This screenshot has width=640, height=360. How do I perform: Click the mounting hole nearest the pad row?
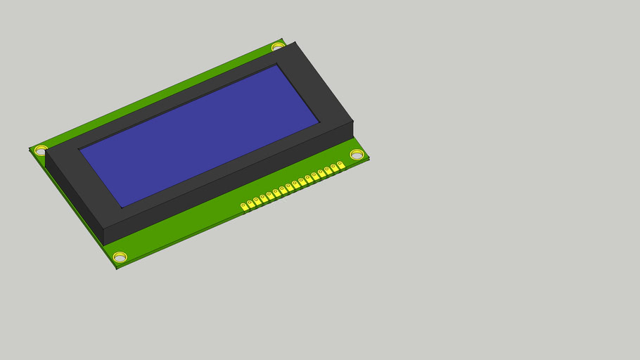(357, 154)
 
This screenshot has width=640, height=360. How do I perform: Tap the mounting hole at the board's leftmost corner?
(41, 150)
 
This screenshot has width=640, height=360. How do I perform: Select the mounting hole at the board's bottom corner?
(120, 257)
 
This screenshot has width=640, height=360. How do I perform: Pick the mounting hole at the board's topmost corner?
(279, 47)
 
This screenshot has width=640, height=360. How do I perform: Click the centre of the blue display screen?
(200, 134)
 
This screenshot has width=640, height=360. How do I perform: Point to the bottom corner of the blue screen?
(122, 207)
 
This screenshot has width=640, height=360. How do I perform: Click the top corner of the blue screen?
(276, 65)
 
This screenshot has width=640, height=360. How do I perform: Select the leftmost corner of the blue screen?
(79, 149)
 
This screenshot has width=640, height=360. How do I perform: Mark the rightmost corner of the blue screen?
(320, 122)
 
